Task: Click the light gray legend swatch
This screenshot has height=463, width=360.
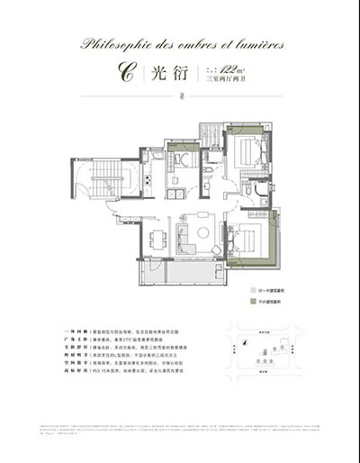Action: coord(251,292)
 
